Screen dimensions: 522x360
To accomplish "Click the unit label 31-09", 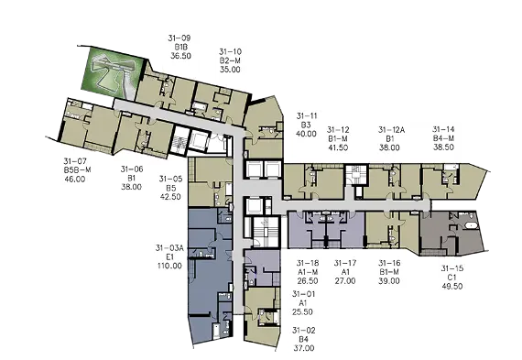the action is click(x=179, y=38).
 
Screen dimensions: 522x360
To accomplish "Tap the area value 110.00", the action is click(x=169, y=266).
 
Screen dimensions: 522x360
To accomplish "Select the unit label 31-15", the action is click(x=452, y=268).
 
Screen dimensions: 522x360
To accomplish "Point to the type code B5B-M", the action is click(x=77, y=169).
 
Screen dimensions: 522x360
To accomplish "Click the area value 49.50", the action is click(x=452, y=286).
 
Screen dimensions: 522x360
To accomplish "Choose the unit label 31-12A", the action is click(x=391, y=129).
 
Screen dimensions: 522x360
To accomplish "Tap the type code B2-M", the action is click(x=230, y=60).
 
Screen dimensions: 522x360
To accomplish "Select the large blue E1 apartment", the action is click(x=210, y=277).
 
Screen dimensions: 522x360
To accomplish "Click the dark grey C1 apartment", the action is click(x=451, y=233).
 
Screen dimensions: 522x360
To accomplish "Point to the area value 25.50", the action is click(x=302, y=312).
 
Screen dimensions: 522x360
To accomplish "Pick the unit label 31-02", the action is click(x=304, y=331).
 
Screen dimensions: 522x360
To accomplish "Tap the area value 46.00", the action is click(x=75, y=179).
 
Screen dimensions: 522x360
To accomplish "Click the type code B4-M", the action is click(x=443, y=138).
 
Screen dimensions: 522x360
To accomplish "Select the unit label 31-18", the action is click(x=308, y=263).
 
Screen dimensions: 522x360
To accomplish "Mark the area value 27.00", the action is click(x=345, y=280).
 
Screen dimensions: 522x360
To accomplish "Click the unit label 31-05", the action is click(x=170, y=179).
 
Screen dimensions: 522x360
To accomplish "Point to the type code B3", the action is click(x=306, y=125).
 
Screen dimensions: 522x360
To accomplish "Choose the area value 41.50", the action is click(x=338, y=147).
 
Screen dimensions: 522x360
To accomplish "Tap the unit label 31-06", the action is click(x=132, y=169).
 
